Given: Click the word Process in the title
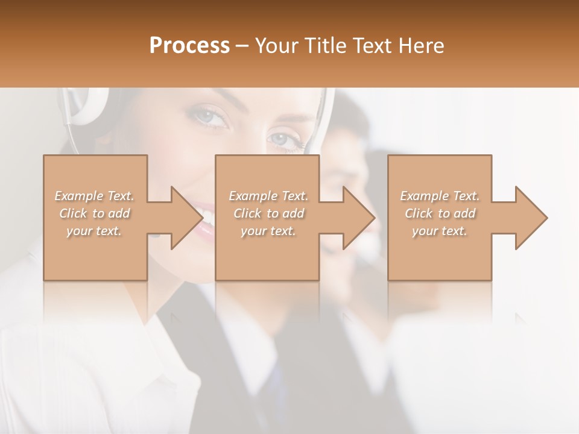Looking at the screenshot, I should coord(189,45).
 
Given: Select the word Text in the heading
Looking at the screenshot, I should coord(372,45).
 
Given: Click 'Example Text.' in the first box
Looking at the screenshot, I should coord(95,196).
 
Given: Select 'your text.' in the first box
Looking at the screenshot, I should coord(95,231).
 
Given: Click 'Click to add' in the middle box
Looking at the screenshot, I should coord(268,213).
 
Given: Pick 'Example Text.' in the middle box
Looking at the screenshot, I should coord(268,196).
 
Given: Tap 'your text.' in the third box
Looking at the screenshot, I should coord(440,231).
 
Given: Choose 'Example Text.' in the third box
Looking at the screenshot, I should coord(440,196).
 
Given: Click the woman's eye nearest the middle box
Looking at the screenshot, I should coord(283,140).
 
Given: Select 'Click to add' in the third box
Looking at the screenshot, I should coord(440,213).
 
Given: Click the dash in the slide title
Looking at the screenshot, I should coord(242,46).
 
